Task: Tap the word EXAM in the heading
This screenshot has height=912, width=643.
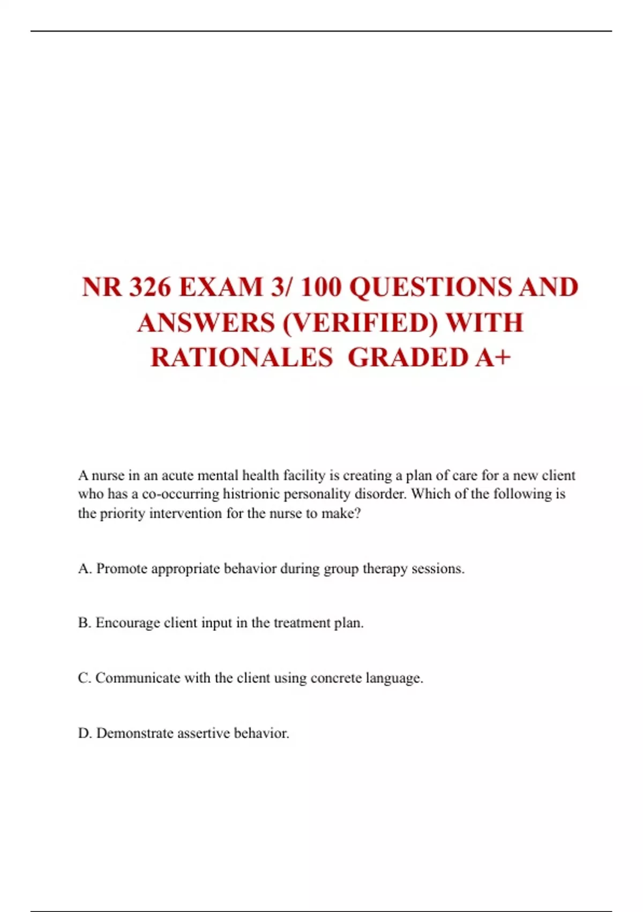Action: pos(220,287)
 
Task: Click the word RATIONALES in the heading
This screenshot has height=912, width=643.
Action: pos(242,358)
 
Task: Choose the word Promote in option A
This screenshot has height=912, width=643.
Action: pos(122,569)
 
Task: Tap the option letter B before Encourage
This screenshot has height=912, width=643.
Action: pos(84,623)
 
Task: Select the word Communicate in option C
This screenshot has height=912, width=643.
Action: pos(138,678)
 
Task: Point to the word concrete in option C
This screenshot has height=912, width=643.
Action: pos(336,678)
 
